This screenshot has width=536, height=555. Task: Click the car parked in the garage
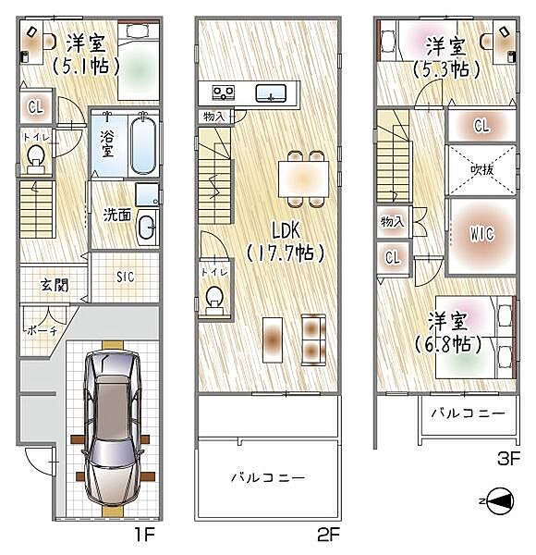pyautogui.click(x=112, y=428)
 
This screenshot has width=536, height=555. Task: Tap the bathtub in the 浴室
pyautogui.click(x=144, y=144)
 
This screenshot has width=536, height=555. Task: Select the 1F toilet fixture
pyautogui.click(x=36, y=160)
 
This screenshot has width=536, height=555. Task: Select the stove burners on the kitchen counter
pyautogui.click(x=224, y=92)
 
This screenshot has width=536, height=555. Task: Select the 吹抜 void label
pyautogui.click(x=481, y=169)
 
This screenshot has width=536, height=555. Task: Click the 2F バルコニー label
pyautogui.click(x=267, y=477)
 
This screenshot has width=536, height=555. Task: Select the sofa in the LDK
pyautogui.click(x=314, y=339)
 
